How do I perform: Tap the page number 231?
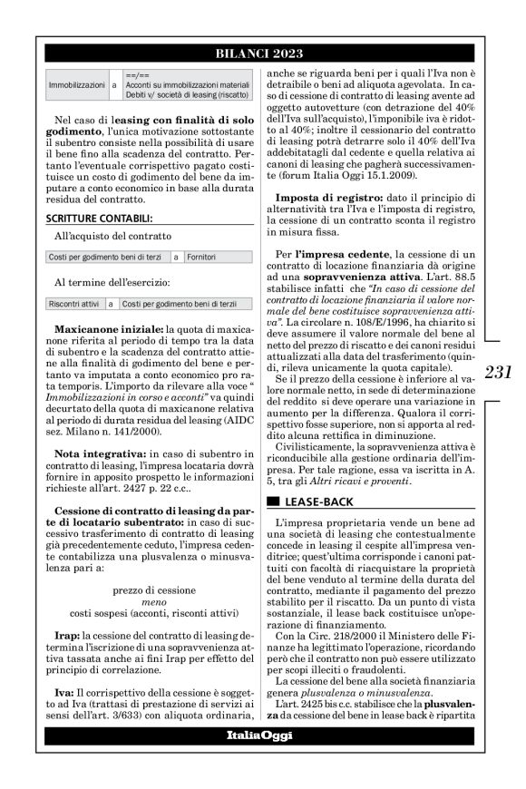[501, 372]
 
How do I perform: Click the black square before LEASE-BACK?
[270, 500]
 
